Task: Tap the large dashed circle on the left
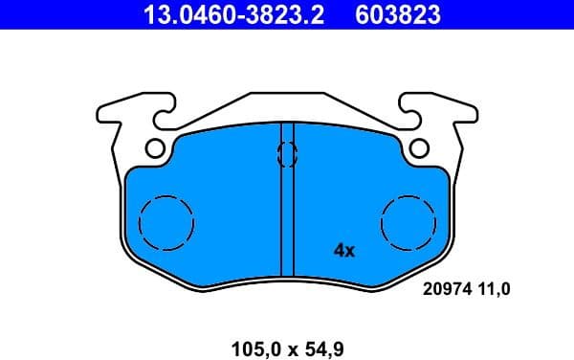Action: [x=166, y=222]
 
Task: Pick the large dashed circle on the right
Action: [x=408, y=222]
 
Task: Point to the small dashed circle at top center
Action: [x=286, y=153]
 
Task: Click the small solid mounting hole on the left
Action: [x=155, y=148]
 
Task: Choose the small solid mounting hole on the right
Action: [x=418, y=148]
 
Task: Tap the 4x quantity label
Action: [x=343, y=251]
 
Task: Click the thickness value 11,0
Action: [x=496, y=286]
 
